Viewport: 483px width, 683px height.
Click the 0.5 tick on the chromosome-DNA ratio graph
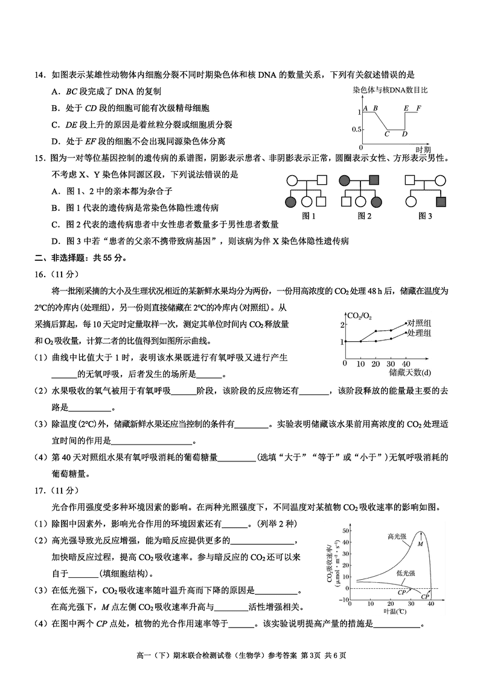point(356,129)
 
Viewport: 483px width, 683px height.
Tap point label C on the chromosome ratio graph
point(386,134)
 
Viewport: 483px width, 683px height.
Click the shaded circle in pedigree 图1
point(291,202)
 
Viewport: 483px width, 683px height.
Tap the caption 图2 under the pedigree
point(364,216)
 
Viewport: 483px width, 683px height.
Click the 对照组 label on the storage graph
point(418,323)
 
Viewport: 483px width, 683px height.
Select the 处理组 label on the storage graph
point(418,333)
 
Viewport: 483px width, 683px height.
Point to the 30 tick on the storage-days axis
point(391,364)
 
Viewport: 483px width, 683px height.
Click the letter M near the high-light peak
point(420,544)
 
